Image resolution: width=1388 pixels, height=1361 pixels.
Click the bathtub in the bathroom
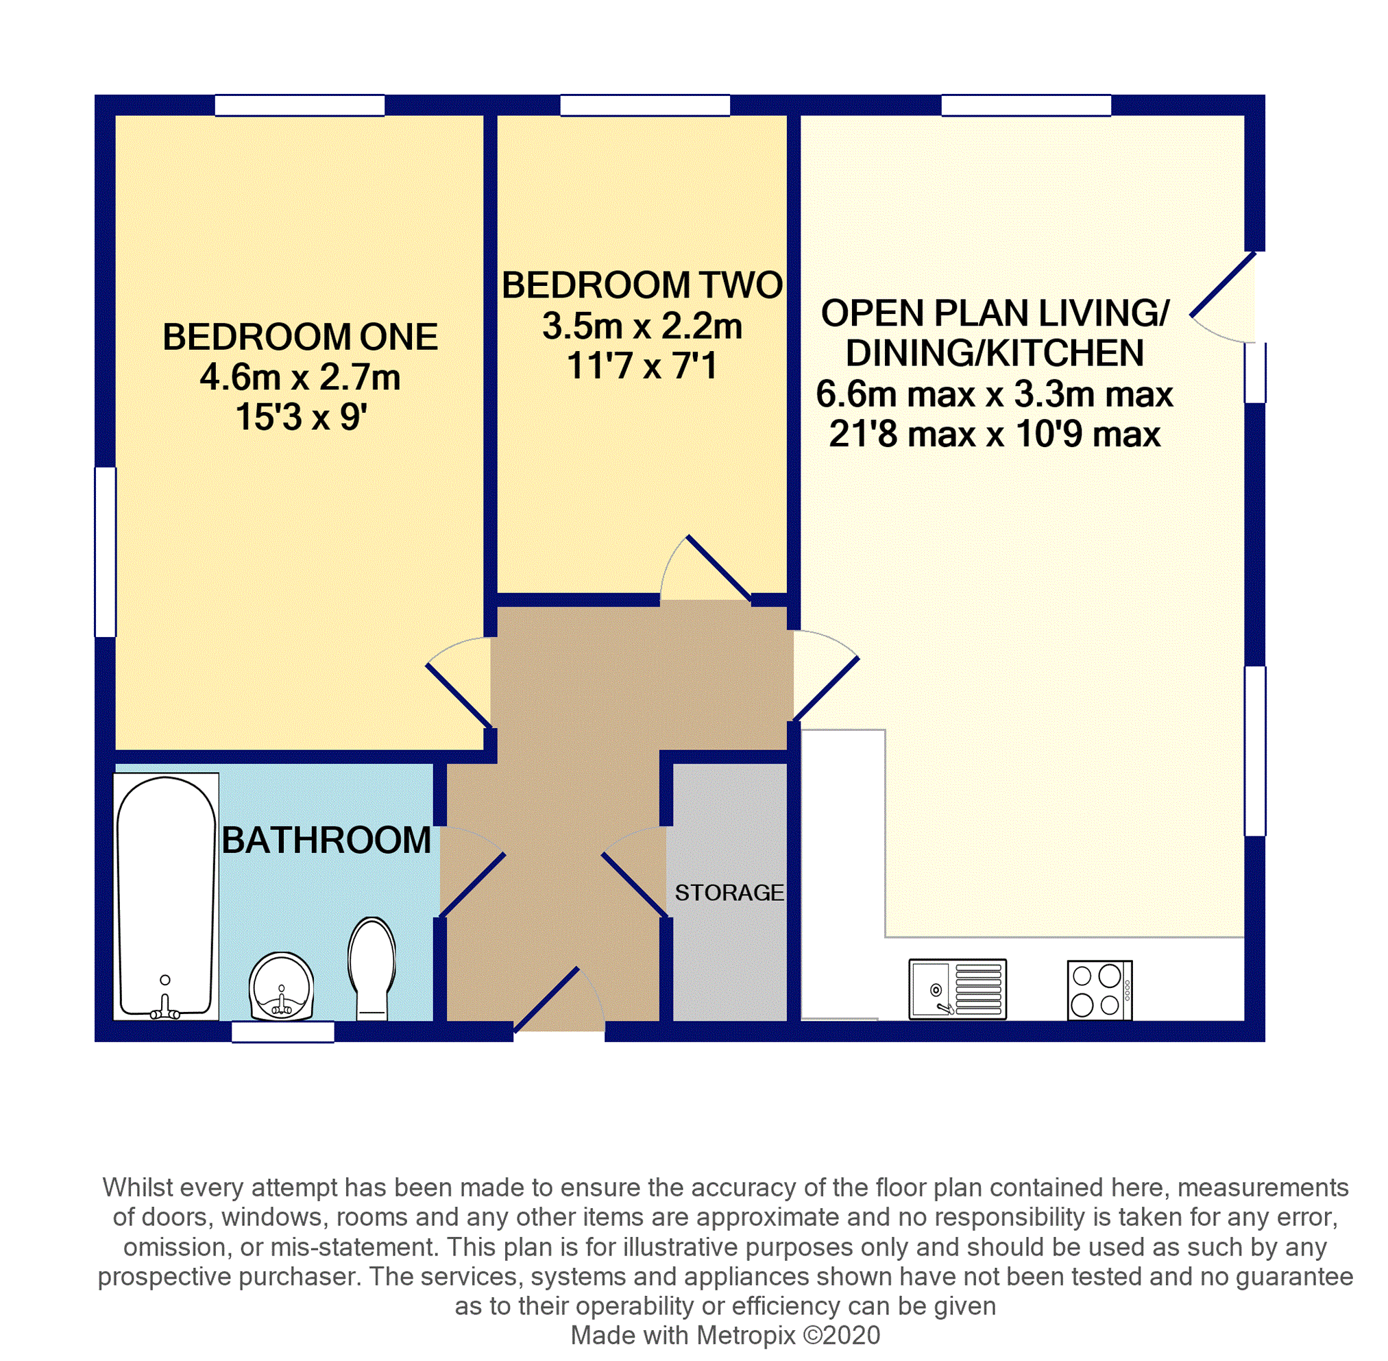click(166, 893)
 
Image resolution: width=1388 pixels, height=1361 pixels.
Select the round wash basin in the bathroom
click(282, 987)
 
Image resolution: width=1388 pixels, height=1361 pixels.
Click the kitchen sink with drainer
click(957, 989)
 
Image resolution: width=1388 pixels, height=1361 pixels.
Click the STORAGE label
click(729, 893)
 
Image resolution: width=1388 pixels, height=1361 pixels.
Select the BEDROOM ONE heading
click(300, 337)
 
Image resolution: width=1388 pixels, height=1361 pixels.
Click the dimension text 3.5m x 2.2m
click(642, 326)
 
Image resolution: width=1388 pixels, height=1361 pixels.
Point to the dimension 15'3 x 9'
click(300, 418)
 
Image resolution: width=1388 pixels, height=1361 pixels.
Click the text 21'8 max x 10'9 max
click(994, 435)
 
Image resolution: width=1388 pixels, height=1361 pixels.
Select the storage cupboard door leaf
click(635, 884)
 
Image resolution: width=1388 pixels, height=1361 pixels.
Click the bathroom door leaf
click(472, 885)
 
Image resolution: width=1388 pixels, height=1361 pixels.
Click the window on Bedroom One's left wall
click(106, 552)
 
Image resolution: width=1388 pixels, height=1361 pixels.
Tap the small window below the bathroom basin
click(283, 1031)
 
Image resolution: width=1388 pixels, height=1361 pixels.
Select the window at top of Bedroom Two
click(645, 106)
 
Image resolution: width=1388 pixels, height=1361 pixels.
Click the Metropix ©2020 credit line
click(725, 1334)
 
